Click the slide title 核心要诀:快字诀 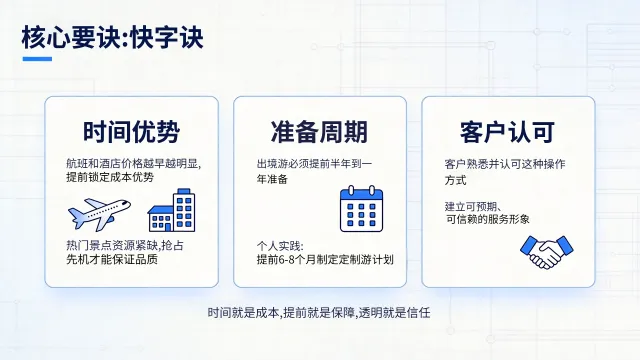(x=112, y=39)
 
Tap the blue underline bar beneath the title (x=36, y=59)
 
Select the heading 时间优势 (x=131, y=131)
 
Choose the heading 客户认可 (x=507, y=131)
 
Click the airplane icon (x=100, y=213)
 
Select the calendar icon (x=362, y=209)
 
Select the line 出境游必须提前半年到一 (x=314, y=162)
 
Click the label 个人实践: (x=279, y=245)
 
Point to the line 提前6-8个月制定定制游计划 (x=325, y=260)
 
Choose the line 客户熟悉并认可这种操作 (x=503, y=162)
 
